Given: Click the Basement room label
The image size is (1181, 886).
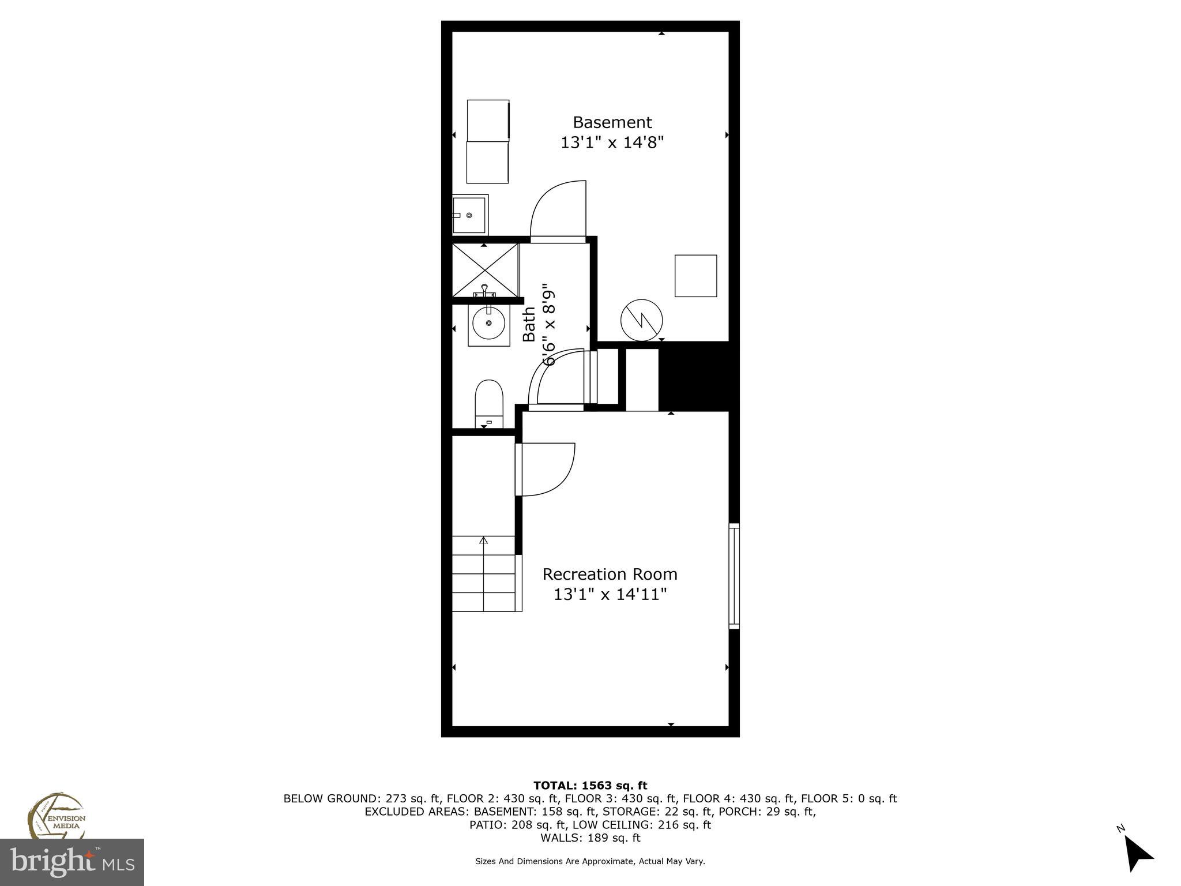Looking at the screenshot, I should click(x=612, y=122).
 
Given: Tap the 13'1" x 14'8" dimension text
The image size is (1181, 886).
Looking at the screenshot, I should click(x=612, y=142).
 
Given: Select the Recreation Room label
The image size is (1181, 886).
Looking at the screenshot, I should click(x=610, y=574).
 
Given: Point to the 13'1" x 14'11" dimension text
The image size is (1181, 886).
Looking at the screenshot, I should click(x=610, y=594).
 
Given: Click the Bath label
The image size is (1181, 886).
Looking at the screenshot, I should click(x=529, y=325).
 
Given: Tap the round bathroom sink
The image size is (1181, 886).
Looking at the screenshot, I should click(x=488, y=324).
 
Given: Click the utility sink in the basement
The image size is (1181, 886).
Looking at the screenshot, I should click(x=469, y=215).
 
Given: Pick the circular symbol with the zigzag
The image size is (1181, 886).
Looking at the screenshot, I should click(x=641, y=320).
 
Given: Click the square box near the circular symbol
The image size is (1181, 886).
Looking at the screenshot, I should click(x=695, y=276).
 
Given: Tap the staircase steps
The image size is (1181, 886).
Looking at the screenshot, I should click(x=483, y=574).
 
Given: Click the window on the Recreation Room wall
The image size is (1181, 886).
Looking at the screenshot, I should click(x=734, y=576).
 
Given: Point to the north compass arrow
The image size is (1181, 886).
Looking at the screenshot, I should click(x=1137, y=854).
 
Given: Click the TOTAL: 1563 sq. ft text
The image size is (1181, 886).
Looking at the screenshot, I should click(x=590, y=785).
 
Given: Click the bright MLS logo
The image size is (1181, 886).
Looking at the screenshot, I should click(x=72, y=862).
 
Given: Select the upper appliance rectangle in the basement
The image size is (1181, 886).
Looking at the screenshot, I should click(x=488, y=119).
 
